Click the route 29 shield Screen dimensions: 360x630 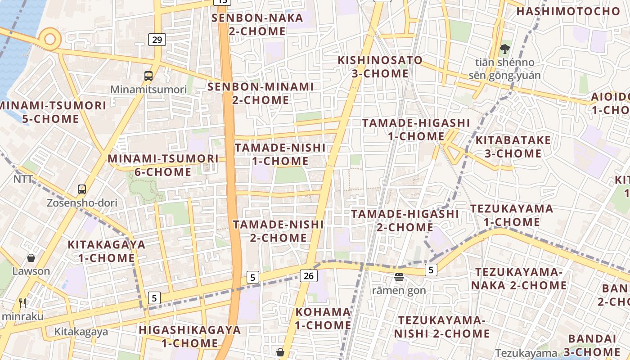point(157,40)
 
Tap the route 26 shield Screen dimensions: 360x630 point(309,275)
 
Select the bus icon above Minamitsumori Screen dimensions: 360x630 point(148,76)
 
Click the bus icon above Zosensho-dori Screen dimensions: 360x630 point(81,189)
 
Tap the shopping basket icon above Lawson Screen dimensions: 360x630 point(31,258)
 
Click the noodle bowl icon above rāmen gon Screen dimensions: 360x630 point(399,277)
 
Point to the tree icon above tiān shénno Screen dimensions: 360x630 point(504,49)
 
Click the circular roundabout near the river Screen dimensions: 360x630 point(49,39)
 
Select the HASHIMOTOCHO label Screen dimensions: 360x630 point(568,11)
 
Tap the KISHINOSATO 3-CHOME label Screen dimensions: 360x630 point(380,67)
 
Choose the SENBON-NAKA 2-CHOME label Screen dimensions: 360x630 point(257,24)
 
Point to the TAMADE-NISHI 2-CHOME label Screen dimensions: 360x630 point(279,231)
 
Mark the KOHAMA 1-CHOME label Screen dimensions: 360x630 point(323,318)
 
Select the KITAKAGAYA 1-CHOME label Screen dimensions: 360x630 point(106,251)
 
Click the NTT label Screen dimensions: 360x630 point(23,179)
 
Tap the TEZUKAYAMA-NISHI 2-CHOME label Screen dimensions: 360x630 point(441,327)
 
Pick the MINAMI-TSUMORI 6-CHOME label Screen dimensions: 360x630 point(163,165)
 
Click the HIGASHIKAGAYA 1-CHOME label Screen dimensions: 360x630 point(190,336)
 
